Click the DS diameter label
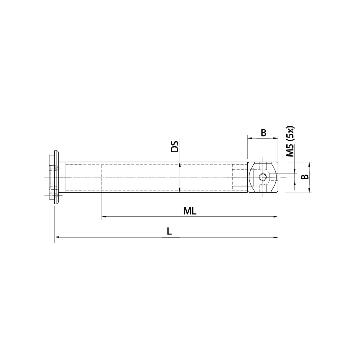pyautogui.click(x=175, y=147)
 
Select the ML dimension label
pyautogui.click(x=190, y=211)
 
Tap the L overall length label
pyautogui.click(x=169, y=232)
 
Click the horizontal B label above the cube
pyautogui.click(x=263, y=132)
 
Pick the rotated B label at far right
pyautogui.click(x=305, y=177)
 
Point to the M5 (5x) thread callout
pyautogui.click(x=290, y=141)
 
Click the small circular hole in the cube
pyautogui.click(x=263, y=177)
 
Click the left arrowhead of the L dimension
pyautogui.click(x=57, y=237)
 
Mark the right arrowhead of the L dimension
pyautogui.click(x=276, y=237)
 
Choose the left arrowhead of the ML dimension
pyautogui.click(x=104, y=217)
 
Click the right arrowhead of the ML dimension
pyautogui.click(x=276, y=217)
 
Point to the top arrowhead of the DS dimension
pyautogui.click(x=179, y=164)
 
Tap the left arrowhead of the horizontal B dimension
pyautogui.click(x=249, y=138)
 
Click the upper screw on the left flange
pyautogui.click(x=54, y=168)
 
